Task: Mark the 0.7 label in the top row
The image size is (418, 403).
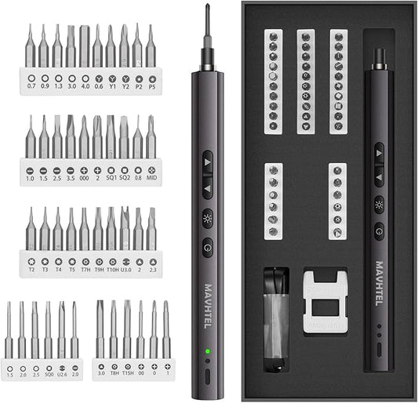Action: (31, 89)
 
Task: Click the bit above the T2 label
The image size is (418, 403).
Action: (31, 229)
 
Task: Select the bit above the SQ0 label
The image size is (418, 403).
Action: (48, 329)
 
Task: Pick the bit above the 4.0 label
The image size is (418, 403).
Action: (85, 47)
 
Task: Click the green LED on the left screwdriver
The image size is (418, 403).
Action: (207, 350)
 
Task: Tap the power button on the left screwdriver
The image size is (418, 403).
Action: (207, 244)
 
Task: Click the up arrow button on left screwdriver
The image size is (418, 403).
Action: (207, 160)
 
